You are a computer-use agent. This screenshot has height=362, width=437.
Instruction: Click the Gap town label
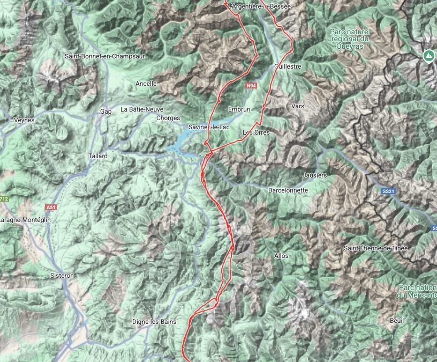[x=106, y=112]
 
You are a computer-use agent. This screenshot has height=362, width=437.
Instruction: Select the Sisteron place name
[x=62, y=275]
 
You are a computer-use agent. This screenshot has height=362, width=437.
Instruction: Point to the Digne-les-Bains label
[x=158, y=322]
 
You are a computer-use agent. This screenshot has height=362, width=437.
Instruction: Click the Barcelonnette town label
[x=288, y=190]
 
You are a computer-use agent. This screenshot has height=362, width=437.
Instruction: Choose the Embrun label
[x=239, y=109]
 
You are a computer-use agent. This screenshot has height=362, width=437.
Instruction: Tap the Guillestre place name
[x=288, y=67]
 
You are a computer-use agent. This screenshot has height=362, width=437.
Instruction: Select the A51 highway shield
[x=51, y=207]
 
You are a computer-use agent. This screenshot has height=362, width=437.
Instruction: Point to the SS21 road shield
[x=388, y=191]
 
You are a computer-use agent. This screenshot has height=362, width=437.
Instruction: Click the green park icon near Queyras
[x=428, y=55]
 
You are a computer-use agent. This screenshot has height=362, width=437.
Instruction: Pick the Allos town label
[x=281, y=256]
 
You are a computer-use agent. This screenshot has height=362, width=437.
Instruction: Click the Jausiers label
[x=314, y=175]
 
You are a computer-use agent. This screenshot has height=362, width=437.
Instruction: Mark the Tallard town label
[x=98, y=156]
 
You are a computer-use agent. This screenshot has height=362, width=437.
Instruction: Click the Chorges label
[x=168, y=118]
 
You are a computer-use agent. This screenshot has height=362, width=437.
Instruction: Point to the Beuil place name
[x=397, y=320]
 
